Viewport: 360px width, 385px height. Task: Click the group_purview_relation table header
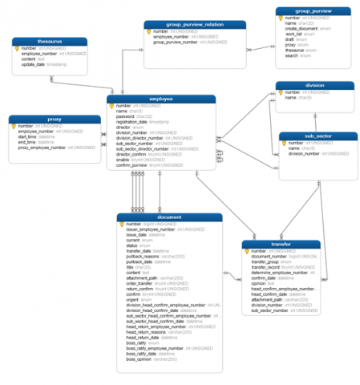(x=189, y=25)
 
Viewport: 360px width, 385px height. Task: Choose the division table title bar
(x=314, y=85)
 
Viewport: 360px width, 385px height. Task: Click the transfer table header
(x=281, y=245)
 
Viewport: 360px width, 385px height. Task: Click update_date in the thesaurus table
(x=34, y=64)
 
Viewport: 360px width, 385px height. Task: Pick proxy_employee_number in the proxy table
(x=42, y=148)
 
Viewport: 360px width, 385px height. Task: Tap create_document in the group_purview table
(x=302, y=30)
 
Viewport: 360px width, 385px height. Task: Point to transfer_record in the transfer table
(x=269, y=266)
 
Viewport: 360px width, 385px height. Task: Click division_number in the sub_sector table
(x=305, y=153)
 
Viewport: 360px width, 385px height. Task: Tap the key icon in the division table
(x=283, y=92)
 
